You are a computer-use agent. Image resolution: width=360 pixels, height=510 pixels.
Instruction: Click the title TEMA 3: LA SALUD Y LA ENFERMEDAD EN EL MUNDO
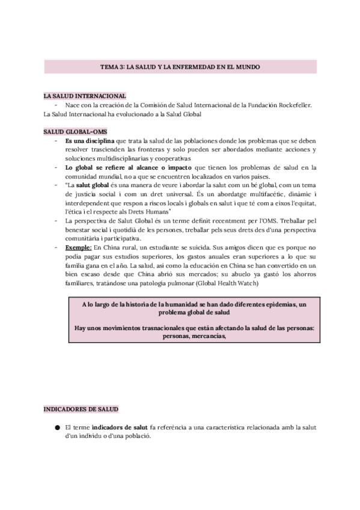[x=180, y=67]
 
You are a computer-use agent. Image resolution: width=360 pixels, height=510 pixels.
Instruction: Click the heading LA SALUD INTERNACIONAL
[x=84, y=96]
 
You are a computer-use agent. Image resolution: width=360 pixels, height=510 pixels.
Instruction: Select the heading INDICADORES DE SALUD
[x=81, y=409]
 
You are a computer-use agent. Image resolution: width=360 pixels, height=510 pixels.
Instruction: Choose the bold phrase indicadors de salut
[x=124, y=427]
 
